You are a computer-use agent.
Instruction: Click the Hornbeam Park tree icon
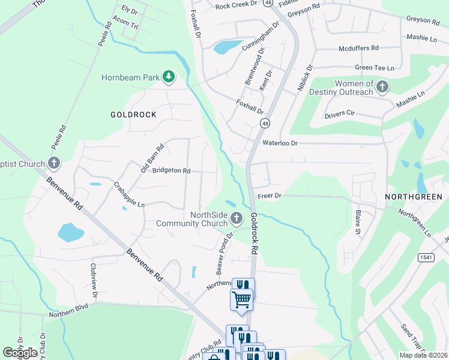pyautogui.click(x=169, y=76)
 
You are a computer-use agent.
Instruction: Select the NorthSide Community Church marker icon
pyautogui.click(x=237, y=217)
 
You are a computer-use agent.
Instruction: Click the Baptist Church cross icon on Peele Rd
pyautogui.click(x=54, y=163)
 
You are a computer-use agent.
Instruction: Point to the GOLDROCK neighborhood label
pyautogui.click(x=133, y=115)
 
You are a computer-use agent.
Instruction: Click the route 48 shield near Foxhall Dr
pyautogui.click(x=265, y=123)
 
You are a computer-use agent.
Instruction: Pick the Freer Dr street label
pyautogui.click(x=270, y=196)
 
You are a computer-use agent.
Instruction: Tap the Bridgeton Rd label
pyautogui.click(x=171, y=170)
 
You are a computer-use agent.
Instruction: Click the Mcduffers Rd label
pyautogui.click(x=358, y=47)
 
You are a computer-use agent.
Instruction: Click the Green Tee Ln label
pyautogui.click(x=374, y=68)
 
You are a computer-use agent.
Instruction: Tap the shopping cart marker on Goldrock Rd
pyautogui.click(x=242, y=298)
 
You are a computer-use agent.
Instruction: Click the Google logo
pyautogui.click(x=20, y=353)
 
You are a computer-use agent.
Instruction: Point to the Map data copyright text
pyautogui.click(x=423, y=355)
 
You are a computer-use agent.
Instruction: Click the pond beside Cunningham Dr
pyautogui.click(x=225, y=46)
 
